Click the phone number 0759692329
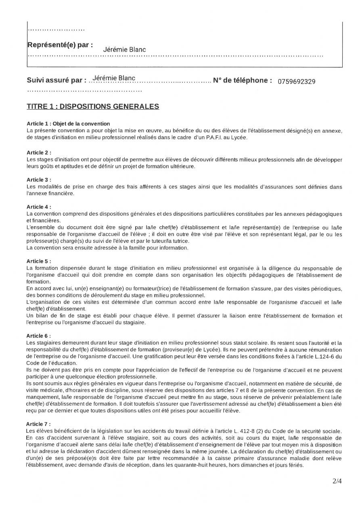[x=297, y=81]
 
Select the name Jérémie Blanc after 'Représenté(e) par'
[x=124, y=50]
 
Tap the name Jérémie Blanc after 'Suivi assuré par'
[x=114, y=78]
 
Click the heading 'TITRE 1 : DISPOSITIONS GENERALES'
[x=93, y=106]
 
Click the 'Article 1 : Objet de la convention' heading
[x=68, y=124]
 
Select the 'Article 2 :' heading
[x=39, y=152]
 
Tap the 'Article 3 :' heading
[x=39, y=180]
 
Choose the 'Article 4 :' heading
[x=39, y=207]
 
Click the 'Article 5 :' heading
[x=39, y=261]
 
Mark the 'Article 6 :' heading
[x=39, y=336]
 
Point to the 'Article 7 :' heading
[x=39, y=424]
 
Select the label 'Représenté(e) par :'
[x=60, y=45]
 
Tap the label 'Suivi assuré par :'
[x=57, y=80]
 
